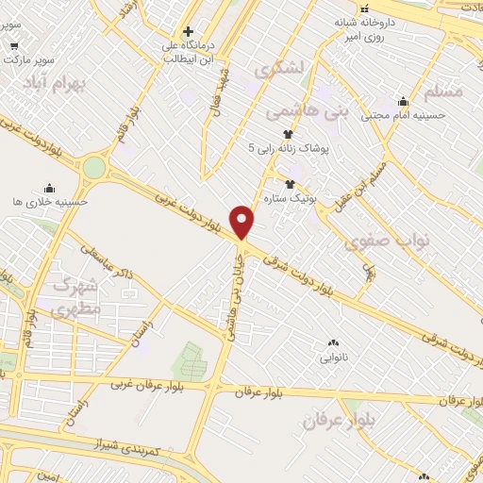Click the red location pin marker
coord(242,222)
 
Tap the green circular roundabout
coord(94,168)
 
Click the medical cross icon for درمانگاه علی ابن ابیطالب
coord(190,32)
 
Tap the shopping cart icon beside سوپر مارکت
coord(13,45)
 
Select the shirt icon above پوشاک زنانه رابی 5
coord(288,134)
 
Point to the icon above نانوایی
coord(332,343)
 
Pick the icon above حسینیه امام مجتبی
coord(404,102)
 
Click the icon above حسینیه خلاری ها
coord(49,188)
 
